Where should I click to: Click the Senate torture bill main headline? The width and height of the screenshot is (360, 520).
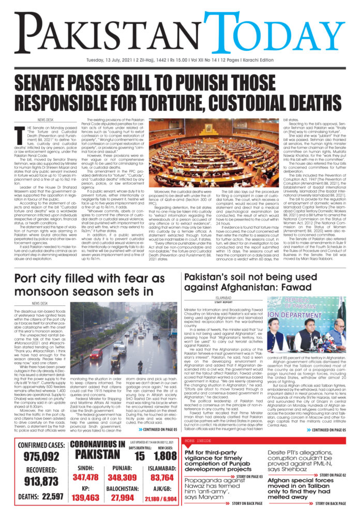click(180, 90)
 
